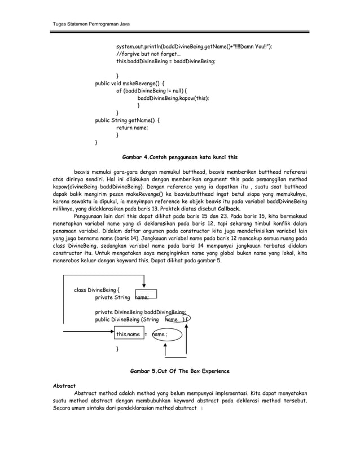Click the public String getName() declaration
(127, 120)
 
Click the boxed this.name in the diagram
(128, 334)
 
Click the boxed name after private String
(145, 297)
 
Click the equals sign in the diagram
(146, 334)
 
